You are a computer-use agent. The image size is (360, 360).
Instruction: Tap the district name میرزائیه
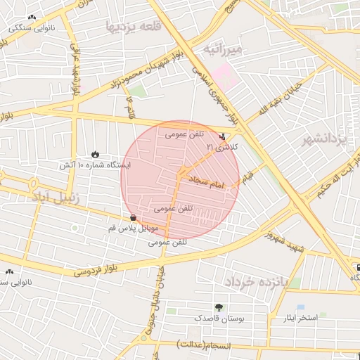click(222, 49)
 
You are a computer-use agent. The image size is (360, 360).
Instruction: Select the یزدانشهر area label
click(325, 139)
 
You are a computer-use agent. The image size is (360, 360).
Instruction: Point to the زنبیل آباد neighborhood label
click(54, 198)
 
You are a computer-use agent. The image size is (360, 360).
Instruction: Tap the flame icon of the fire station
click(95, 154)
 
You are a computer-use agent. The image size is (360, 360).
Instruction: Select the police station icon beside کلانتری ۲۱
click(224, 137)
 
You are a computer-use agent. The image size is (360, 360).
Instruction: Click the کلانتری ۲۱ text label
click(222, 148)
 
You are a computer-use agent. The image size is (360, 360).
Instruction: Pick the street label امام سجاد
click(206, 183)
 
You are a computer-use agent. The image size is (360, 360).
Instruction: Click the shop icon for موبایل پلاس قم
click(134, 217)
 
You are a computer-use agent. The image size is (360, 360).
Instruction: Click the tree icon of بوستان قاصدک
click(219, 307)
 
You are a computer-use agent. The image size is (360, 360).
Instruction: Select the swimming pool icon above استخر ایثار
click(301, 307)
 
